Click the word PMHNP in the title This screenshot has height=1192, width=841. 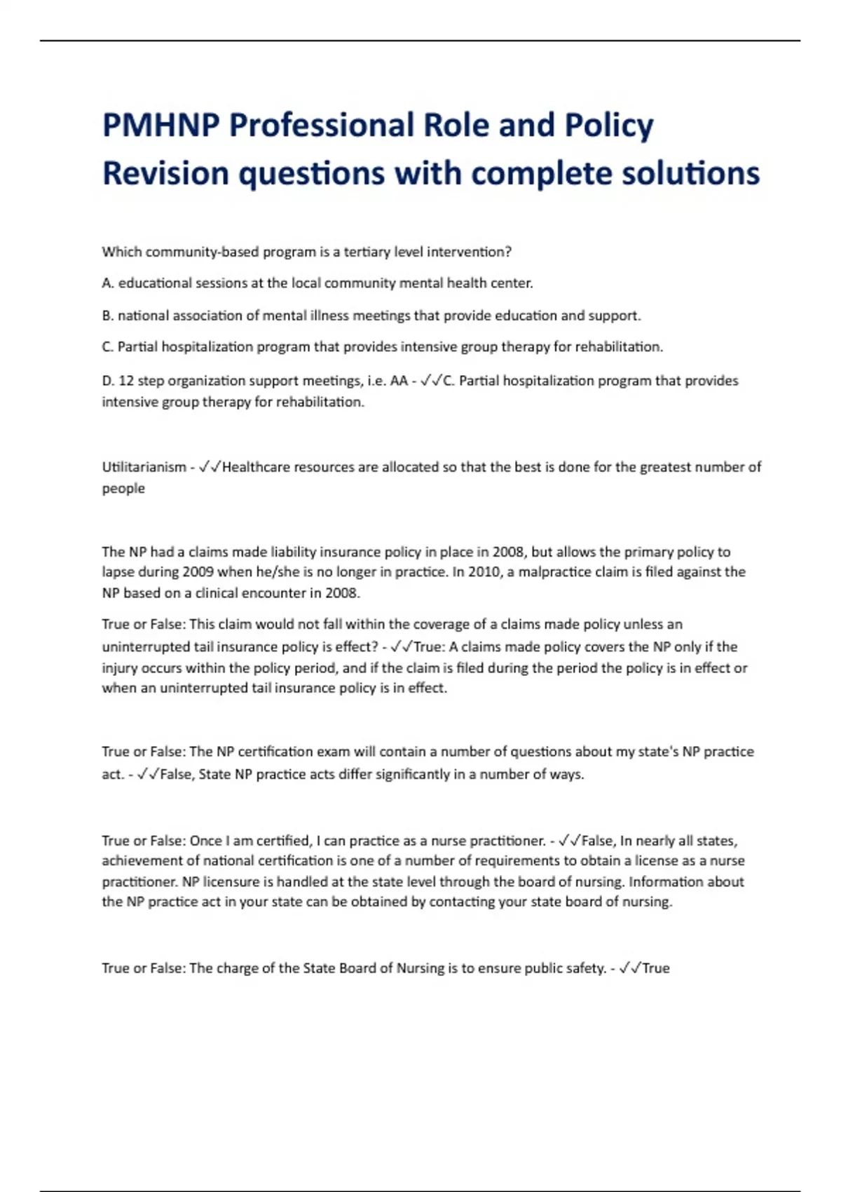(x=160, y=126)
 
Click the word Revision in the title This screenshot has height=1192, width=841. (x=165, y=174)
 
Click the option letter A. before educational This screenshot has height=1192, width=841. (x=108, y=283)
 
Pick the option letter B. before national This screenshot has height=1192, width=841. (x=108, y=316)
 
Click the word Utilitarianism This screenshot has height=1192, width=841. (x=144, y=467)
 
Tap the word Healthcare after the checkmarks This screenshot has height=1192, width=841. (x=258, y=467)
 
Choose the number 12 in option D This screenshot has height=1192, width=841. (x=126, y=381)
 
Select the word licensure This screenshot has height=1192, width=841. (x=226, y=881)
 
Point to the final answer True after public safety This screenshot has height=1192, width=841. (x=656, y=968)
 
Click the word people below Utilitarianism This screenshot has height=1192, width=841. (x=123, y=488)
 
